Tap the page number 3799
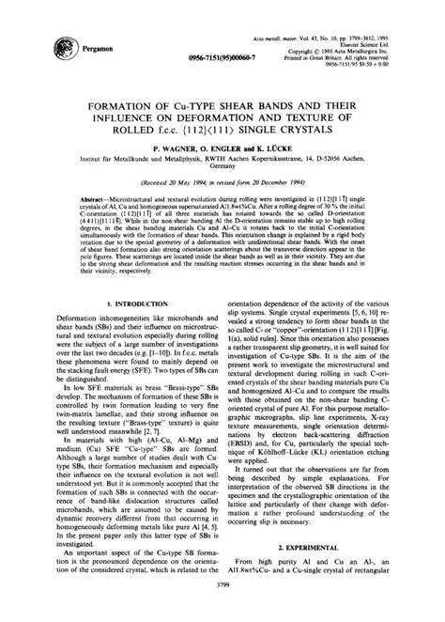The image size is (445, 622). (x=222, y=612)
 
